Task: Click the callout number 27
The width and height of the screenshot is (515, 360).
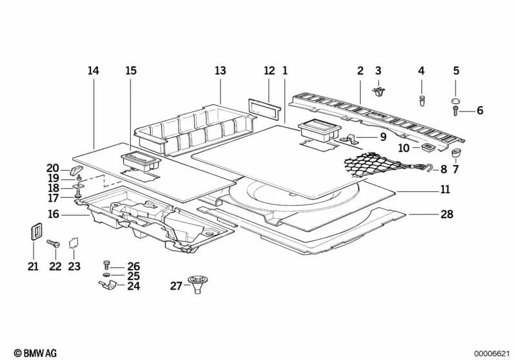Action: [x=176, y=286]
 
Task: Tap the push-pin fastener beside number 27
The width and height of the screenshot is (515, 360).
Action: [x=195, y=284]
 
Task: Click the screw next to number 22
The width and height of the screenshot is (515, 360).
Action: [x=53, y=244]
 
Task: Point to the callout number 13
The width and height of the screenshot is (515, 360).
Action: [x=221, y=70]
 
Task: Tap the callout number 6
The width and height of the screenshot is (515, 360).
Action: [x=480, y=111]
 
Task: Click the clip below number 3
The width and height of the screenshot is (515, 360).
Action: [x=378, y=92]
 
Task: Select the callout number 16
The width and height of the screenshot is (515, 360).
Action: [x=53, y=213]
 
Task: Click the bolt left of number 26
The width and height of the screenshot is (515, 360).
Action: [x=106, y=265]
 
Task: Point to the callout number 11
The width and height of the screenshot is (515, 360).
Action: [x=444, y=190]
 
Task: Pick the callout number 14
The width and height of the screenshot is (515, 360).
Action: [x=93, y=70]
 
